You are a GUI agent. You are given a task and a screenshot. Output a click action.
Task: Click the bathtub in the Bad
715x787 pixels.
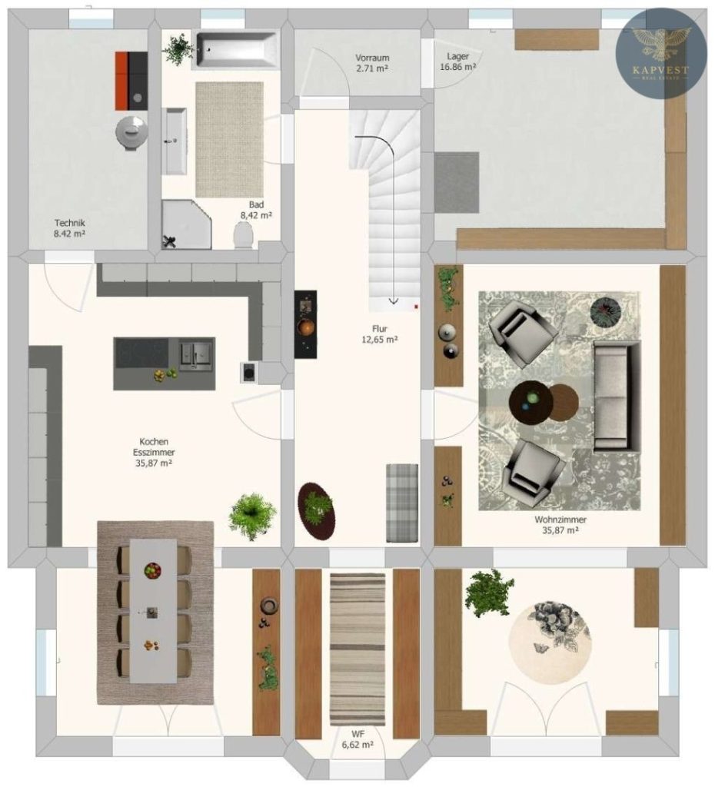coord(237,50)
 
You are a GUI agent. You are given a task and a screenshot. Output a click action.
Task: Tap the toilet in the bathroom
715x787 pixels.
coord(244,234)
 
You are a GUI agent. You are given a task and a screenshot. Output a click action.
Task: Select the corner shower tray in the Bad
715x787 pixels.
coord(186,224)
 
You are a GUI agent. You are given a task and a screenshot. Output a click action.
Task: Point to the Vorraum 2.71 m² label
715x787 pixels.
coord(372,63)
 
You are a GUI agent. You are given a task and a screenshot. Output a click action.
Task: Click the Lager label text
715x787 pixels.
coord(458,56)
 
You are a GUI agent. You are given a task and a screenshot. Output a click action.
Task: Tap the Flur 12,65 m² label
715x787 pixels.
coord(380,334)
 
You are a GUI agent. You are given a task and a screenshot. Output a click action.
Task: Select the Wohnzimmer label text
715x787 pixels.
coord(560,520)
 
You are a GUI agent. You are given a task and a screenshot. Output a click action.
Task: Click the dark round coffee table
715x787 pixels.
coord(530,403)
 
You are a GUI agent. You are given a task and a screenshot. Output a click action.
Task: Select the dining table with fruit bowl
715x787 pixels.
coord(154,611)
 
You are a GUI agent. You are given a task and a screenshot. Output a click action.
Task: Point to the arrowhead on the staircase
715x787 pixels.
coord(394,301)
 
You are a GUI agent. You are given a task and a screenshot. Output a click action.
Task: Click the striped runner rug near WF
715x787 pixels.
coord(357,649)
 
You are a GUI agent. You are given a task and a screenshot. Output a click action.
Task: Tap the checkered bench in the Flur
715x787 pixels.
coord(402,503)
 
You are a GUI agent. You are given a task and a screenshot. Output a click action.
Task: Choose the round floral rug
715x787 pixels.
coord(550,643)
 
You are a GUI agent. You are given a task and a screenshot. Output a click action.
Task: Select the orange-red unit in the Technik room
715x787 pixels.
coord(121,80)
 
